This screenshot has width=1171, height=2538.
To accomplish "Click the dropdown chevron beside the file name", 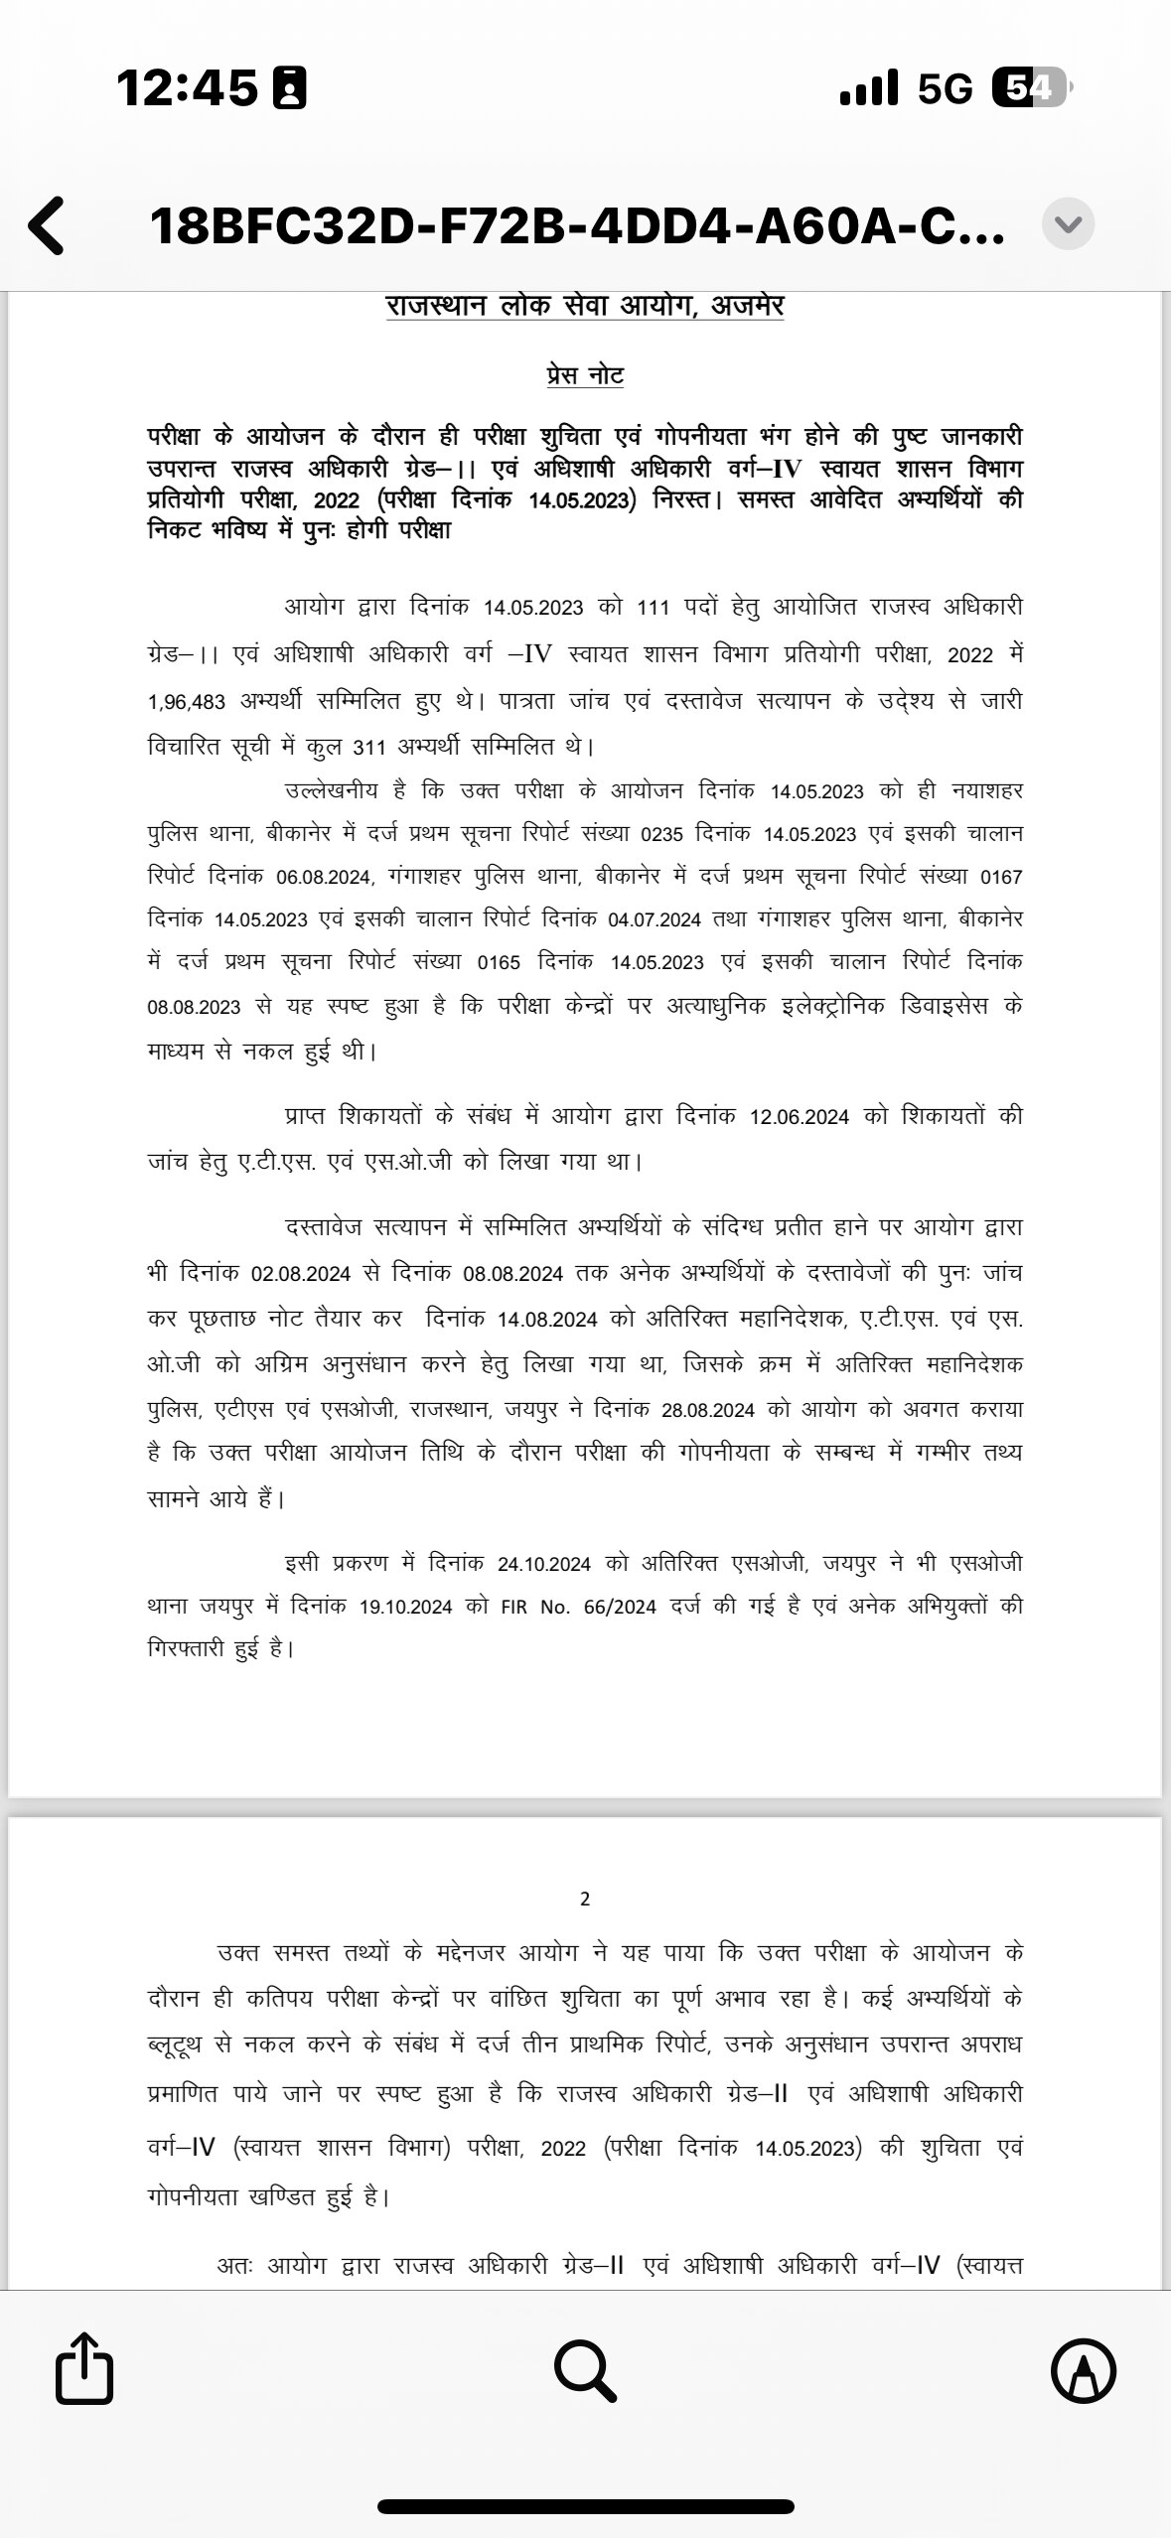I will point(1068,224).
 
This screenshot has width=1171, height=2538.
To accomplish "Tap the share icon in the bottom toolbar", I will point(83,2367).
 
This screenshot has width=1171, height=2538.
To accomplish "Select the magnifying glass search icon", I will point(585,2369).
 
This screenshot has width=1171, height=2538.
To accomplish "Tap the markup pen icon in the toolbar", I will point(1084,2369).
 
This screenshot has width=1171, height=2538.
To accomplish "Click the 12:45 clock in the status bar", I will point(187,88).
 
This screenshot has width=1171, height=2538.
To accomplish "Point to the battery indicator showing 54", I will point(1029,89).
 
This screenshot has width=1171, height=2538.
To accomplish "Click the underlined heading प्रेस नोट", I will point(585,375).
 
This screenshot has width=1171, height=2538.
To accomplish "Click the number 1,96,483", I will point(187,702).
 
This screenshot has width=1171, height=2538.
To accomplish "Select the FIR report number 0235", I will point(662,834).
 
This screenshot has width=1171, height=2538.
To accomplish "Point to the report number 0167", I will point(1000,878).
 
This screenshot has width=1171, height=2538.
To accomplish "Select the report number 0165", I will point(499,962).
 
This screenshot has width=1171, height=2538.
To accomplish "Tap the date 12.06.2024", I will point(799,1117).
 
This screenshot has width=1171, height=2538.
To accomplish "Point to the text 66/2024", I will point(621,1607).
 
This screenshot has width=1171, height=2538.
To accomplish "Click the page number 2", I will point(585,1900).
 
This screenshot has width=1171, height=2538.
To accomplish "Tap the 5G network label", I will point(945,89).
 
